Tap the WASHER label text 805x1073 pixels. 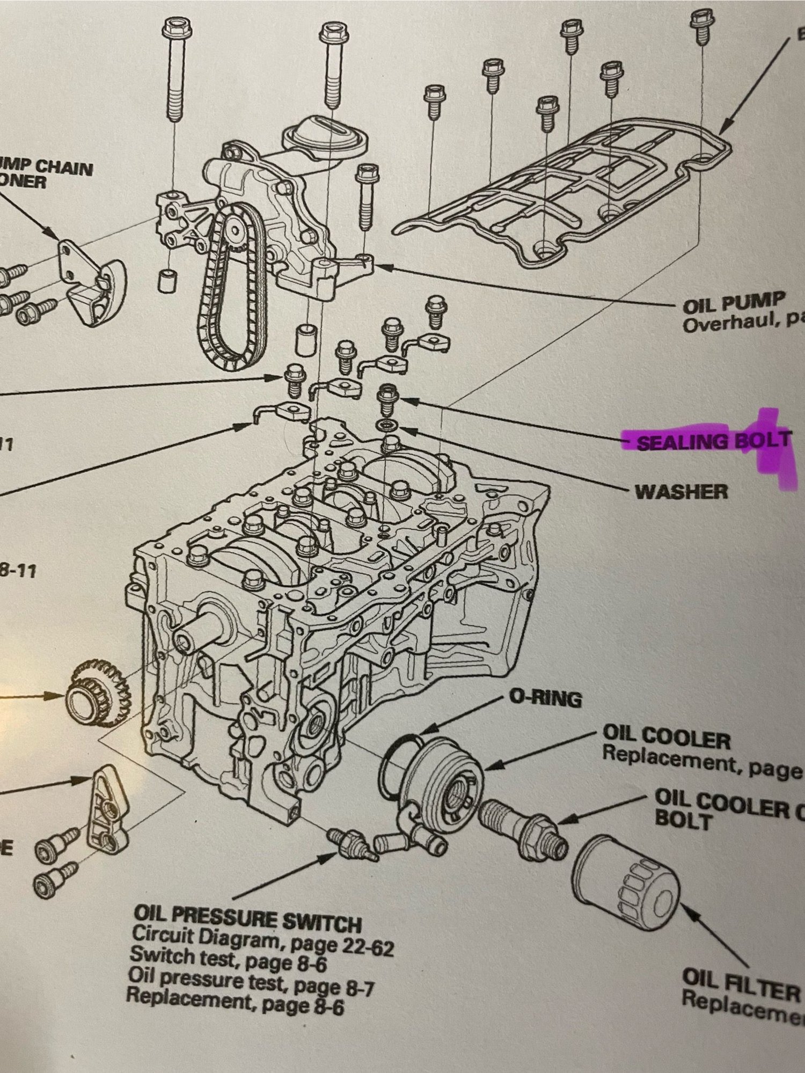pyautogui.click(x=682, y=491)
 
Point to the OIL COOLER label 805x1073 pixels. pyautogui.click(x=665, y=740)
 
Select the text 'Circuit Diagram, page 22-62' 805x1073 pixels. pyautogui.click(x=263, y=939)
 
